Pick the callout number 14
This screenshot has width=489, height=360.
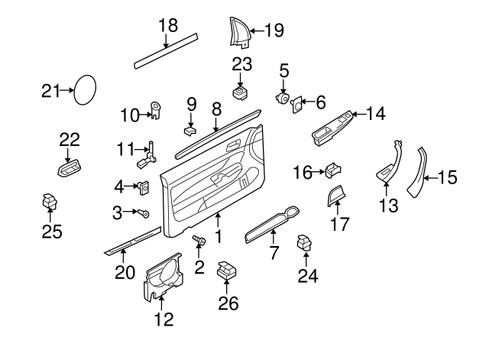point(375,114)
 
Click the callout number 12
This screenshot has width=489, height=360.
point(164,318)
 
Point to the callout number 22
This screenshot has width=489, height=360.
point(70,138)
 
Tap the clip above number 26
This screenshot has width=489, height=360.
point(226,270)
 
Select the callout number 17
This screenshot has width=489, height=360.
point(338,225)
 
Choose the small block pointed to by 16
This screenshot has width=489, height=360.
point(333,171)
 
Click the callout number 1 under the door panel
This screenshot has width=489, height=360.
point(219,237)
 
